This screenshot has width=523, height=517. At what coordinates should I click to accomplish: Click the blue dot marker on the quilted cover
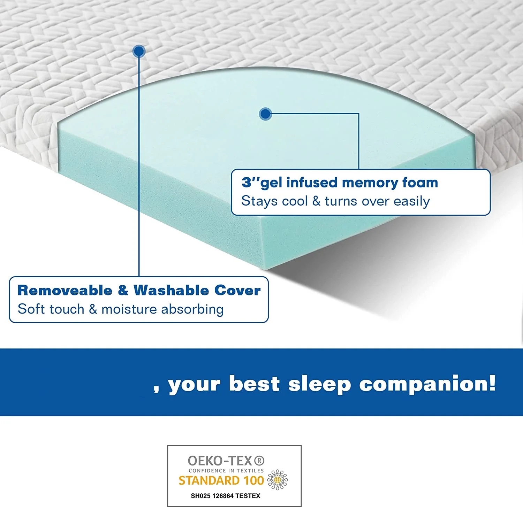pos(139,51)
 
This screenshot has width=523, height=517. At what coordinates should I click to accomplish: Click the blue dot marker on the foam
pos(266,114)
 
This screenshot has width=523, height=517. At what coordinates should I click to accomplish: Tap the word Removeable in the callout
pos(65,291)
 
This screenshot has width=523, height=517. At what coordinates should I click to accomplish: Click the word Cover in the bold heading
pos(237,291)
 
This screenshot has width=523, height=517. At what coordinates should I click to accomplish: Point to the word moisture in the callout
pos(129,309)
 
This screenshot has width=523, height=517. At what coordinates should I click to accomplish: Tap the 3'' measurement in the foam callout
pos(250,182)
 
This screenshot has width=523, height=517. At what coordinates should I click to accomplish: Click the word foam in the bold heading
pos(420,182)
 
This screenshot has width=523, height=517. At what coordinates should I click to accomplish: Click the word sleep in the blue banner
pos(319,385)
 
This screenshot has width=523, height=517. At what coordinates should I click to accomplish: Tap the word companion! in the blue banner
pos(427,385)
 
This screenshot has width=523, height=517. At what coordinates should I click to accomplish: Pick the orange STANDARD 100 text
pos(221,481)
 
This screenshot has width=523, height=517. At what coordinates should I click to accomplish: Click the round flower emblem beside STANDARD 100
pos(278,480)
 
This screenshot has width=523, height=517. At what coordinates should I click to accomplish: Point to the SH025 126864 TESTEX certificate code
pos(226,496)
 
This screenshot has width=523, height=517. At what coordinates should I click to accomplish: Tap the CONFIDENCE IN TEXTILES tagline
pos(226,471)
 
